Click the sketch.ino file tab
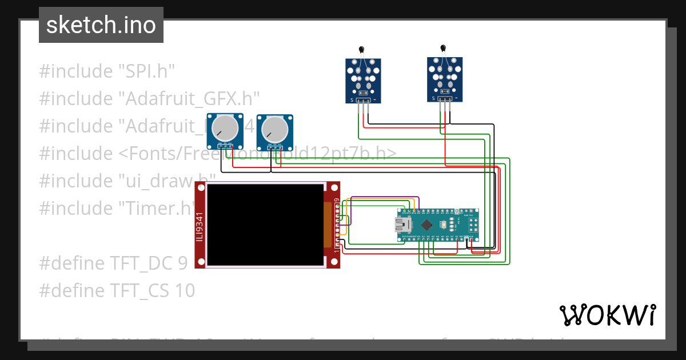pos(101,25)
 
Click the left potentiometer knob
pos(224,129)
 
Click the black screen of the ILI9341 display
pos(265,225)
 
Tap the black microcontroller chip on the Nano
pos(426,225)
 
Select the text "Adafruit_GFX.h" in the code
pos(189,99)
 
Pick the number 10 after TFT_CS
pos(185,291)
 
